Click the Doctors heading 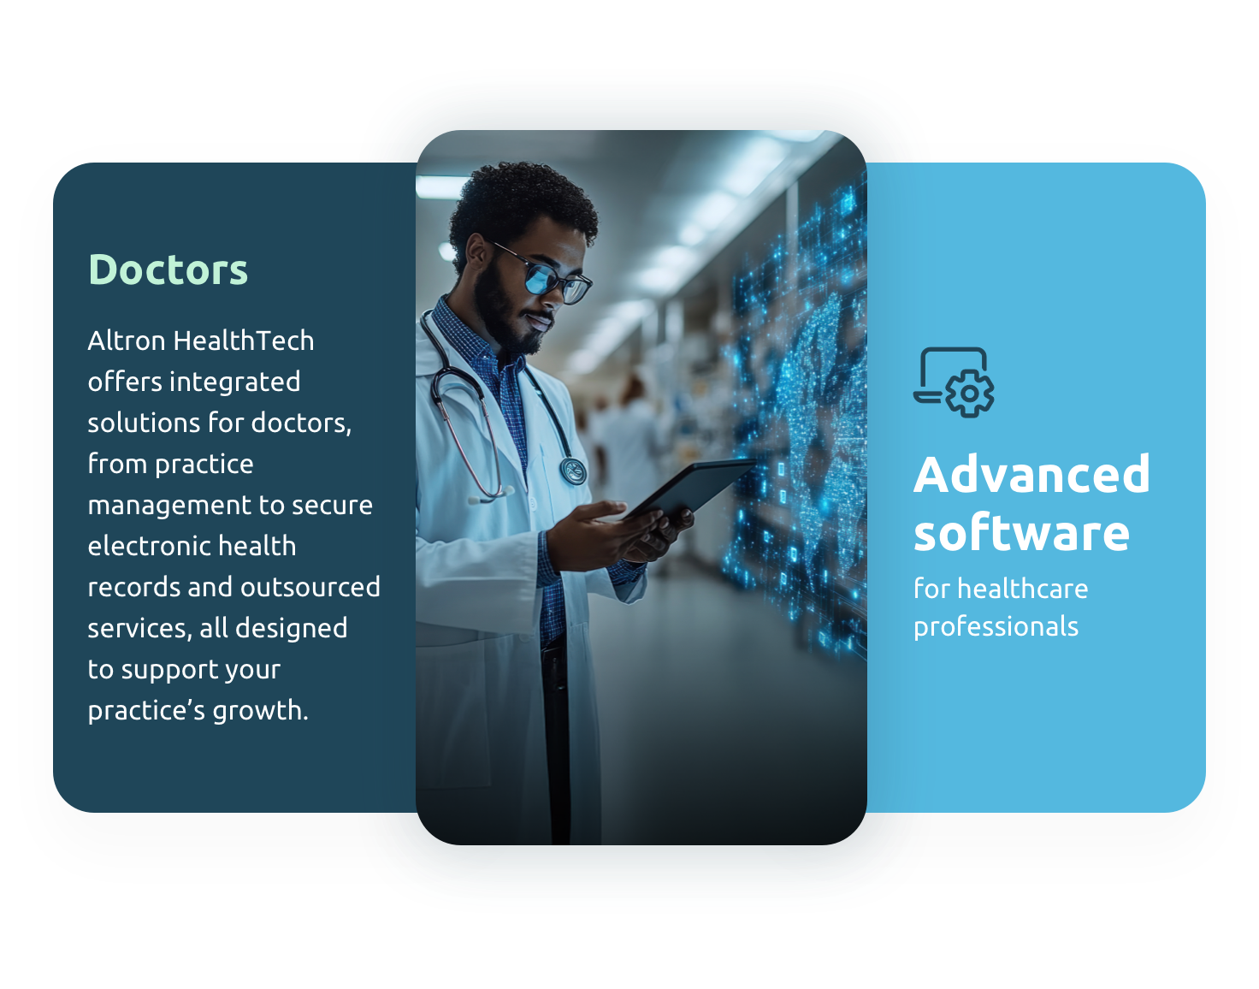(x=168, y=270)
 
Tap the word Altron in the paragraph (x=127, y=341)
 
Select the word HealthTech (x=243, y=341)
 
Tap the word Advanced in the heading (x=1031, y=475)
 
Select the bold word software (x=1021, y=534)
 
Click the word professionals (x=996, y=627)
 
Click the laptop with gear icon (x=953, y=382)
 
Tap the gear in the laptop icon (x=970, y=394)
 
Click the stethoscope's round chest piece (x=573, y=471)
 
